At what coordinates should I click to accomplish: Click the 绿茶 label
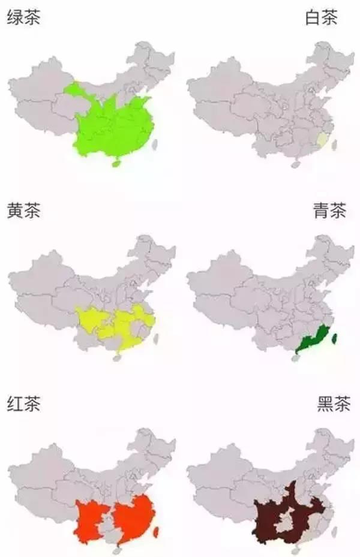[23, 18]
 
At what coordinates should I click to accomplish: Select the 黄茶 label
[23, 212]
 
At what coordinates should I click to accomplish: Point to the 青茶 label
[329, 212]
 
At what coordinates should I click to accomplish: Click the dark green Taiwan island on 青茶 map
[334, 340]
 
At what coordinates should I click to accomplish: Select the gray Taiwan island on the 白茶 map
[334, 144]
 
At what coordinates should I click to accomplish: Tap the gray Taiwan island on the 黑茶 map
[334, 532]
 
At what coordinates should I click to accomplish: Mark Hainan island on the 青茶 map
[295, 359]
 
